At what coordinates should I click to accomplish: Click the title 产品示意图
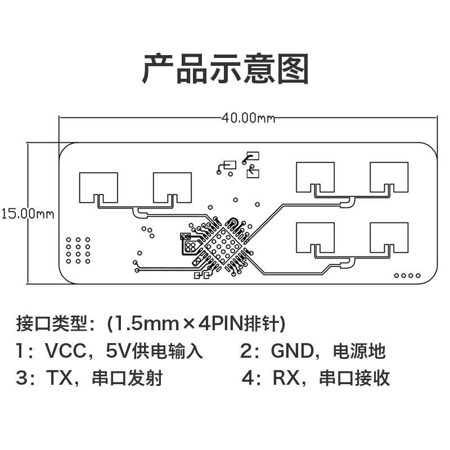coord(225,69)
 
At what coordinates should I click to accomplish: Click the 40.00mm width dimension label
coord(248,118)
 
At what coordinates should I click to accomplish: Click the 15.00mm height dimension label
coord(26,214)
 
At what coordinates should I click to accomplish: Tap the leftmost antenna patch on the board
coord(98,186)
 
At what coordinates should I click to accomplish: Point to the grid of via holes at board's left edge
coord(78,250)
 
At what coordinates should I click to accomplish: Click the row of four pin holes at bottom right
coord(407,275)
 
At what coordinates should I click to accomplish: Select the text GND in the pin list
coord(291,352)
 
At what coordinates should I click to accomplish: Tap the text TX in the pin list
coord(57,378)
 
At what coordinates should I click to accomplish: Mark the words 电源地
coord(359,352)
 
